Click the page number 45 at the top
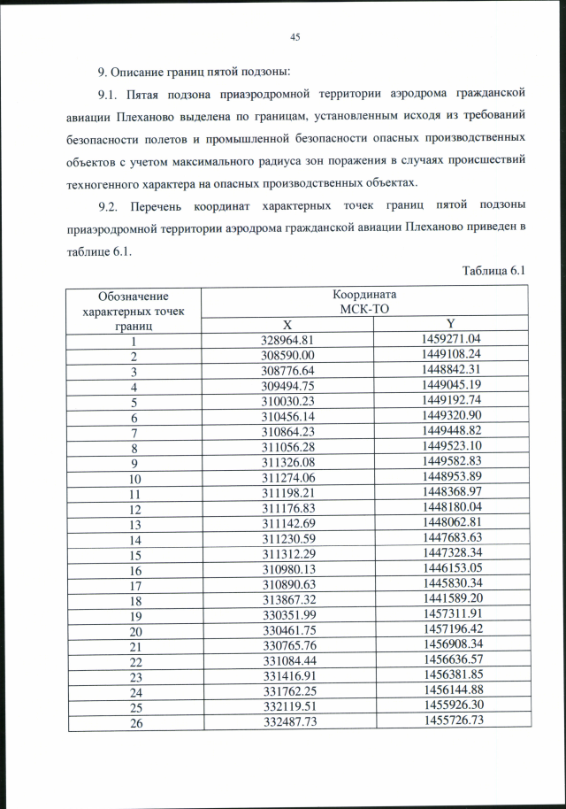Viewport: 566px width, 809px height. point(295,36)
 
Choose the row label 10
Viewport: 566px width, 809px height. point(134,478)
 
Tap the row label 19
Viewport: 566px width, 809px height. point(134,616)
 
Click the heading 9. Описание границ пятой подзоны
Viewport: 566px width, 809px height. point(193,70)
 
